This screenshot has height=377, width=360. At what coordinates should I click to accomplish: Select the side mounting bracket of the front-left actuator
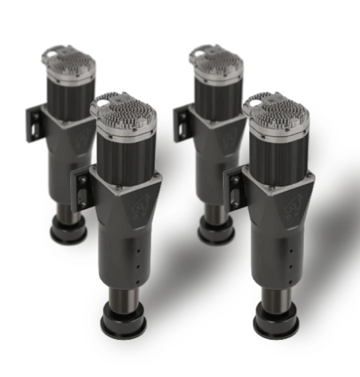pyautogui.click(x=81, y=189)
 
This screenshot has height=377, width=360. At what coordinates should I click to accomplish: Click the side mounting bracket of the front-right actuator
pyautogui.click(x=234, y=189)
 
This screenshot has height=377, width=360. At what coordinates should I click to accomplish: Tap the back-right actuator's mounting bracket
pyautogui.click(x=182, y=123)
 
